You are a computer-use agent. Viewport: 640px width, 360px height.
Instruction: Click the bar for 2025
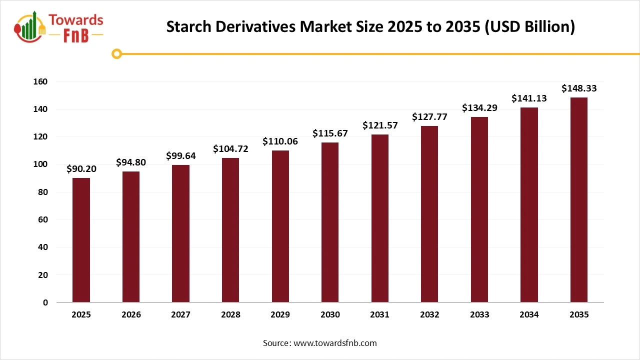(x=81, y=240)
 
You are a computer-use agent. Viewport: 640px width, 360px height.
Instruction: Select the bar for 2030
(x=330, y=222)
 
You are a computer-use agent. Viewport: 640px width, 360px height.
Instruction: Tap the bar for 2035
(x=578, y=200)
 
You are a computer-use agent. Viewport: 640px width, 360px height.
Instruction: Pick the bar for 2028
(x=230, y=230)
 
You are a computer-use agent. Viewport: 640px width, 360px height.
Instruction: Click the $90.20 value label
(x=81, y=169)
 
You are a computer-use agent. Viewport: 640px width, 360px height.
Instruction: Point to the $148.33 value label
(x=578, y=88)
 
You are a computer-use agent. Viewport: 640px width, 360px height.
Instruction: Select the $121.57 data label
(x=379, y=125)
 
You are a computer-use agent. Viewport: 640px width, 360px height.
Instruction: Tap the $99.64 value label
(x=180, y=156)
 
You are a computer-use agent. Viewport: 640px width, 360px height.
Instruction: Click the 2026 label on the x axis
(x=131, y=315)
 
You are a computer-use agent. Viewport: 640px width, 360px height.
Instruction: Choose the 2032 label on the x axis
(x=429, y=315)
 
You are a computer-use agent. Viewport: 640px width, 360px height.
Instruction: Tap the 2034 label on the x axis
(x=529, y=315)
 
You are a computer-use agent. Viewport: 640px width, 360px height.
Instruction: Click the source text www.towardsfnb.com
(x=335, y=343)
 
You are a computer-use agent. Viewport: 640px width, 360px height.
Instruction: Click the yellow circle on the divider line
(x=116, y=53)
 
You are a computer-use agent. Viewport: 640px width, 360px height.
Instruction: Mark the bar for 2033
(x=479, y=209)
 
